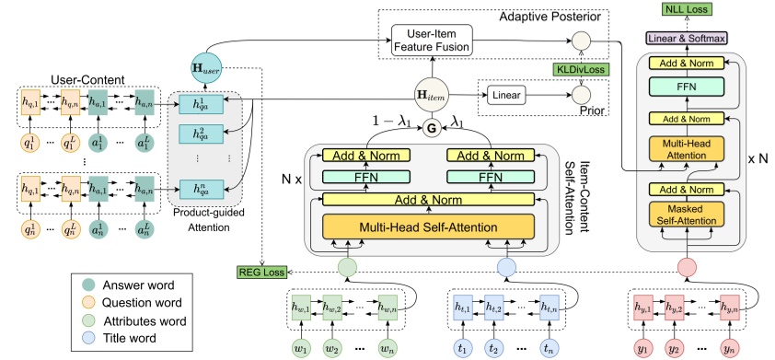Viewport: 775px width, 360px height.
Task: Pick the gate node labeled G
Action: tap(428, 129)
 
